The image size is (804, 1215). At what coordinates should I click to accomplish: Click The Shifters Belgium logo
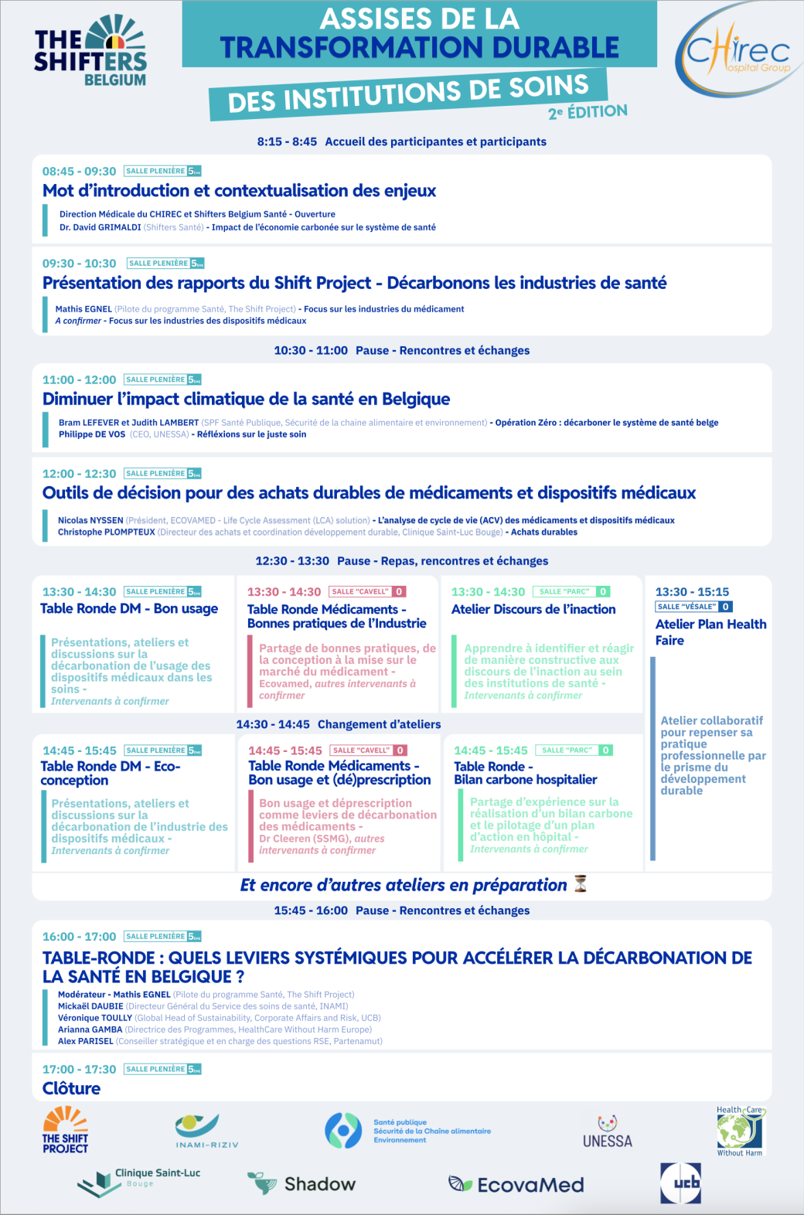90,51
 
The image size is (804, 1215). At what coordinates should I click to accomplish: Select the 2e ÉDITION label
588,112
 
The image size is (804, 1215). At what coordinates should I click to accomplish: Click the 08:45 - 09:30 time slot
79,172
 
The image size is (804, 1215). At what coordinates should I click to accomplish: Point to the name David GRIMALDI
100,227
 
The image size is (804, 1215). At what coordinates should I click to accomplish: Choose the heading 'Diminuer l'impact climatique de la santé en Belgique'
246,400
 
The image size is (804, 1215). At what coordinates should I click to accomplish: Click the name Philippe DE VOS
92,434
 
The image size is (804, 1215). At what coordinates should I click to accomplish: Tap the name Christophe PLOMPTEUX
107,532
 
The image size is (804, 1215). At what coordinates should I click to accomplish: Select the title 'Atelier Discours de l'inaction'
533,609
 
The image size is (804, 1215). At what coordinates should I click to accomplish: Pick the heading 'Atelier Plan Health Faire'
710,632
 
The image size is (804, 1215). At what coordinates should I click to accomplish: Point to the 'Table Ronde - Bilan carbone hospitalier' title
525,773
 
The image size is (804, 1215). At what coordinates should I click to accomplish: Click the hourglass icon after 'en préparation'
581,884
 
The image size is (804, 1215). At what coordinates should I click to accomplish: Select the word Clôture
71,1088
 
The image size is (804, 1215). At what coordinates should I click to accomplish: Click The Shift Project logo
65,1129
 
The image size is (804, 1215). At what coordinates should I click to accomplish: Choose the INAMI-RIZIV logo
206,1131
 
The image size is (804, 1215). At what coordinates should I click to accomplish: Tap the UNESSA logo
608,1132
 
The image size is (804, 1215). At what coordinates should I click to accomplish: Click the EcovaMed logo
516,1185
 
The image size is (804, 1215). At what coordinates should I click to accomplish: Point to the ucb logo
680,1183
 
